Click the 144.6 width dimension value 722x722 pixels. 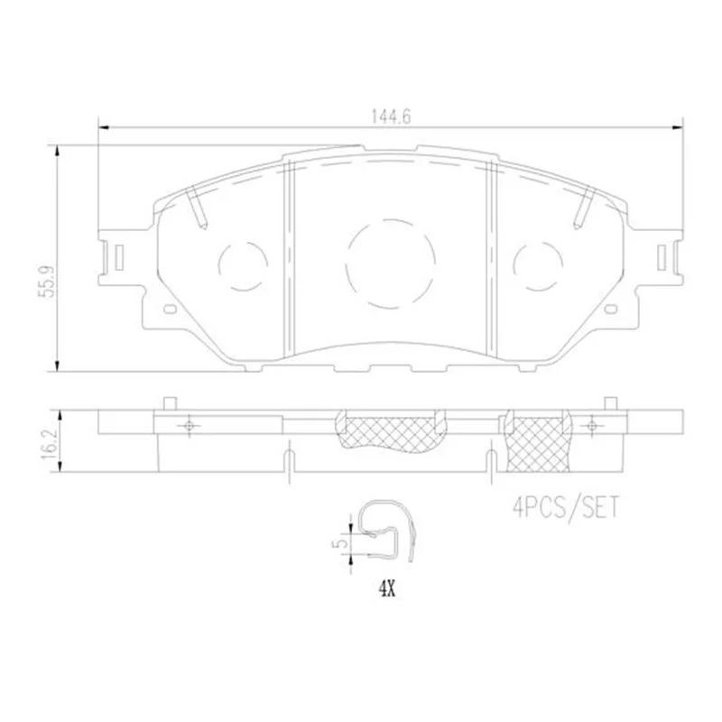(x=391, y=117)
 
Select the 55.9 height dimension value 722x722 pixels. (x=49, y=281)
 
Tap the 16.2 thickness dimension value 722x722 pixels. (x=49, y=443)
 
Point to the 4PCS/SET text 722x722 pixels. (x=567, y=508)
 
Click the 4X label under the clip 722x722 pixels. (x=387, y=589)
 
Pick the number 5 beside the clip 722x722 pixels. (x=342, y=543)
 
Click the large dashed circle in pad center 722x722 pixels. (x=391, y=264)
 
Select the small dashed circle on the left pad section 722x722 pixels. (x=243, y=265)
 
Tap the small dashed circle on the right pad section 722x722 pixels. (x=537, y=265)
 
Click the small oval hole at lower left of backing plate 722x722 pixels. (x=169, y=309)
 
